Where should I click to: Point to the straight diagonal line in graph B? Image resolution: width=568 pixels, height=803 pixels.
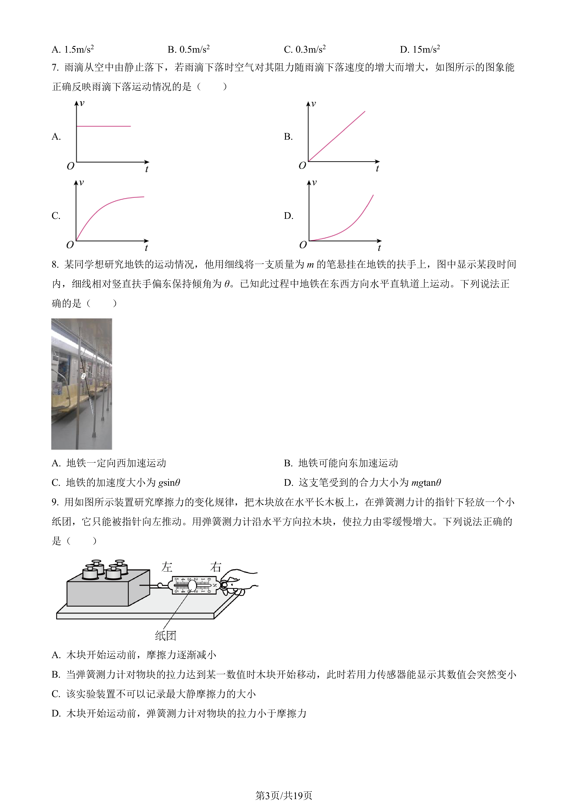[x=337, y=136]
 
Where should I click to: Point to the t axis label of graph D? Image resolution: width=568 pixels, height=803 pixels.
[x=379, y=248]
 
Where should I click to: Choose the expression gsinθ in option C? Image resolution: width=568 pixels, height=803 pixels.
[x=169, y=483]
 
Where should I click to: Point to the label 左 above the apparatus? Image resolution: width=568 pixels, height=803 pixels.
[x=167, y=567]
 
